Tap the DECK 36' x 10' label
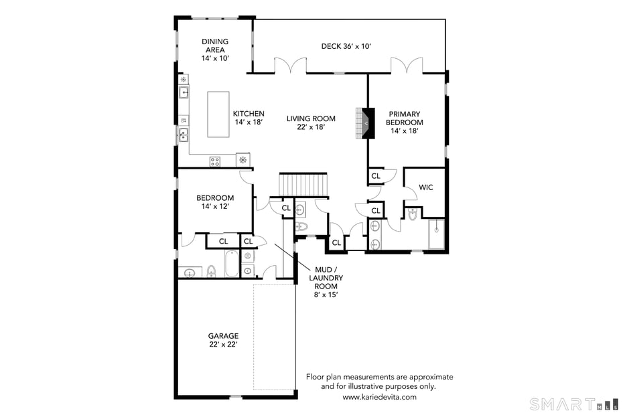[x=346, y=46]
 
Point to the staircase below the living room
[x=305, y=183]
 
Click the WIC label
[x=425, y=187]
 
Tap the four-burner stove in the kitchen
[x=215, y=161]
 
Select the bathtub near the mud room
[x=231, y=263]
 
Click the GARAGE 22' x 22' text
[x=223, y=340]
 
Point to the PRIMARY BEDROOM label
[x=404, y=122]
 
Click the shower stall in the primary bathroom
[x=437, y=234]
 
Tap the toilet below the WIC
[x=412, y=214]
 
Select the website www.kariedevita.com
[x=379, y=397]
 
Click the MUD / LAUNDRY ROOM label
[x=326, y=278]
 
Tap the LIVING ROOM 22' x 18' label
[x=311, y=122]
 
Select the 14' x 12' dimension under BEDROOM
[x=215, y=207]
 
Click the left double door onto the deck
[x=290, y=66]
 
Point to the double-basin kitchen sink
[x=182, y=136]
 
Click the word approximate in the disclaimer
[x=429, y=377]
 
